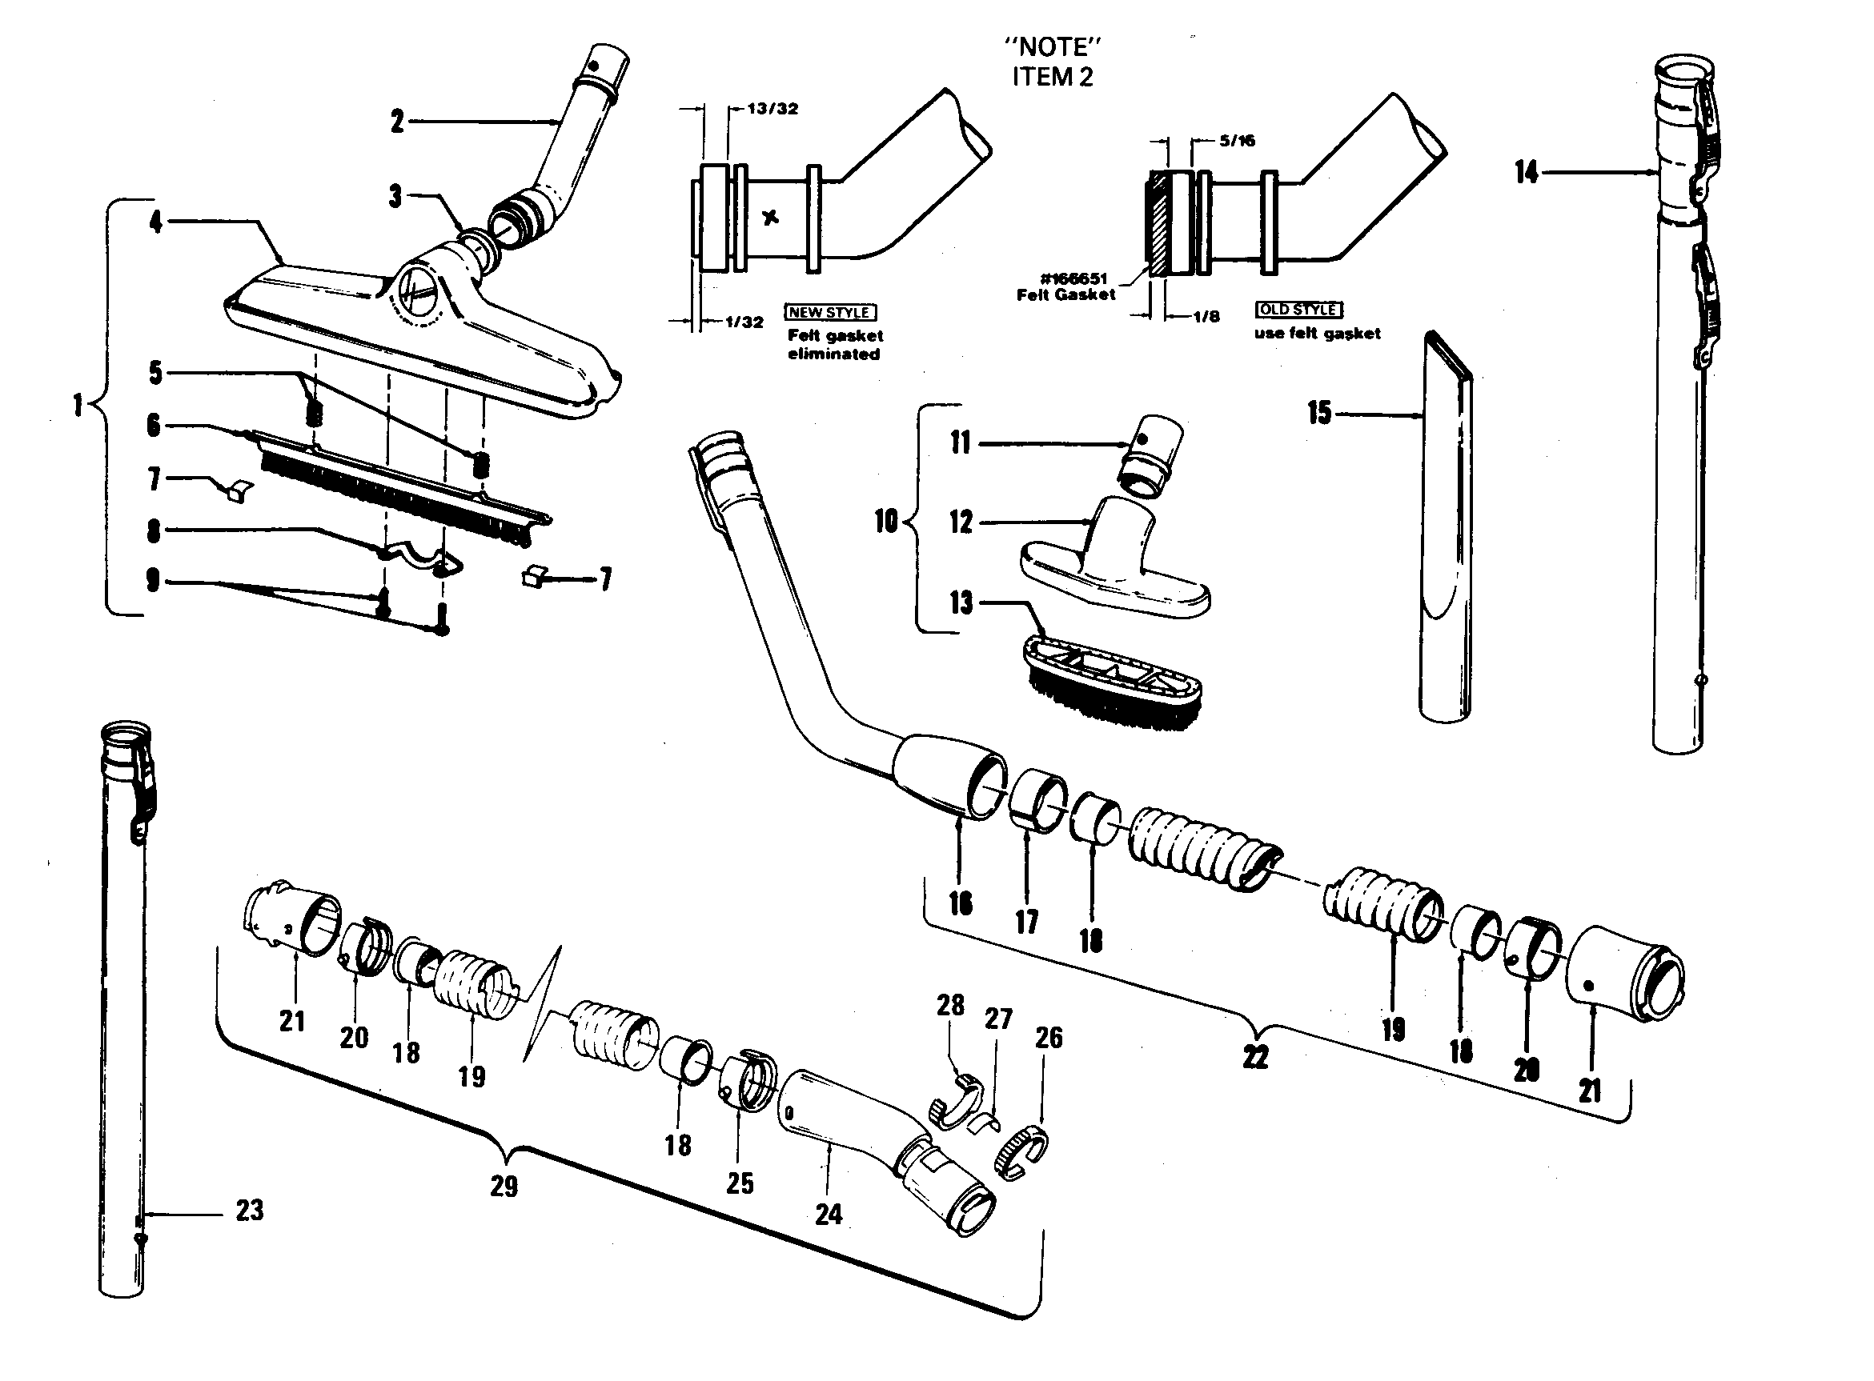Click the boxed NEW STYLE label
point(829,313)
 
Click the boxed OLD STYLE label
point(1298,310)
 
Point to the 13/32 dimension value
point(772,109)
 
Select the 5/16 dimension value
point(1237,141)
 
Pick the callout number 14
point(1526,172)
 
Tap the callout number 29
point(504,1187)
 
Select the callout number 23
point(249,1210)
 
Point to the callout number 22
point(1255,1058)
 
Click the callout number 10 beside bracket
point(885,522)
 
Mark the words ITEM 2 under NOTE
point(1052,77)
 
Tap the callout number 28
point(951,1005)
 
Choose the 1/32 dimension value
point(744,322)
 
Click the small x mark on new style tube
point(771,218)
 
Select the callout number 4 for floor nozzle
point(155,222)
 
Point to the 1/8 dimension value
point(1205,317)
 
